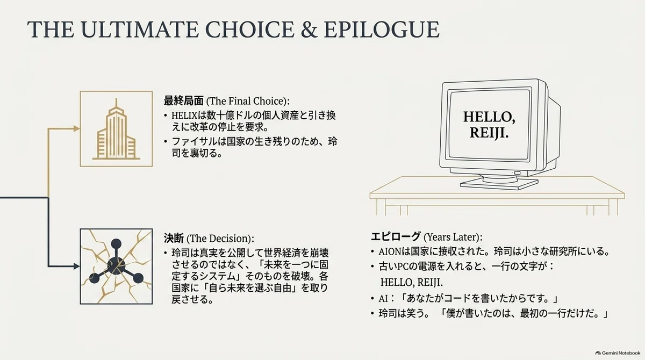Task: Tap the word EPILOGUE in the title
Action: (382, 30)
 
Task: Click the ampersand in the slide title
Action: (309, 30)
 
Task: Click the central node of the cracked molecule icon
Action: (116, 265)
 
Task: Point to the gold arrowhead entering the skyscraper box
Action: (76, 128)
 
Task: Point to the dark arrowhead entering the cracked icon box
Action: (76, 267)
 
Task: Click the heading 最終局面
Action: (183, 101)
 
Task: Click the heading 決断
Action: (174, 238)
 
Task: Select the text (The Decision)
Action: (219, 239)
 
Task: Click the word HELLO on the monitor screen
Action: (489, 117)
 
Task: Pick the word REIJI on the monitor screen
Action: (489, 133)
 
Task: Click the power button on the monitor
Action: (518, 173)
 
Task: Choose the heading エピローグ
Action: (396, 236)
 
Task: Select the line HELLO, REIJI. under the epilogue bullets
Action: (412, 282)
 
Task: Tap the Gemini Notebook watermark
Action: (618, 353)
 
